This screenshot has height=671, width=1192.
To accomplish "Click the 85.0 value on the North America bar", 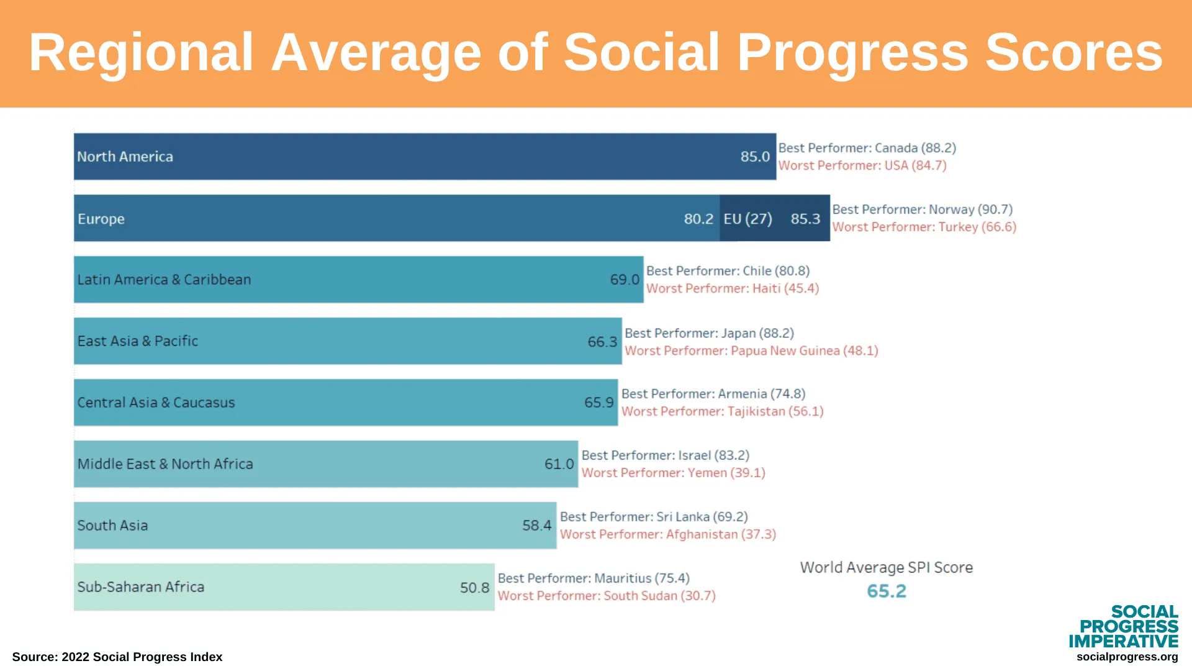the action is pyautogui.click(x=755, y=157).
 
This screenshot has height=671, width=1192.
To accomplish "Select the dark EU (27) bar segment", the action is pyautogui.click(x=775, y=218).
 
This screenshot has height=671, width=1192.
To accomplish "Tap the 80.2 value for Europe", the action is pyautogui.click(x=698, y=219).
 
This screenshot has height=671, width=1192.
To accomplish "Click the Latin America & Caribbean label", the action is pyautogui.click(x=164, y=280).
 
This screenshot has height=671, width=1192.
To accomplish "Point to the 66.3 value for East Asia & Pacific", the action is pyautogui.click(x=602, y=342).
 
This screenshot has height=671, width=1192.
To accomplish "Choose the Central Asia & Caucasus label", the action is pyautogui.click(x=156, y=403).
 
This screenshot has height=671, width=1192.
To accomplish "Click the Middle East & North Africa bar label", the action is pyautogui.click(x=165, y=464).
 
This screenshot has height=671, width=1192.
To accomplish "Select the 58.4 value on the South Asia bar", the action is pyautogui.click(x=536, y=526).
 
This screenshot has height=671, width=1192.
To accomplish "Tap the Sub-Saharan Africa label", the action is pyautogui.click(x=140, y=587).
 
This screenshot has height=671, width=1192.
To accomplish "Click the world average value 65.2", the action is pyautogui.click(x=887, y=591).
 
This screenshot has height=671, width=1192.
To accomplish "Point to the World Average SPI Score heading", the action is pyautogui.click(x=886, y=567).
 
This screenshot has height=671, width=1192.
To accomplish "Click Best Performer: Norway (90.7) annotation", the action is pyautogui.click(x=923, y=209).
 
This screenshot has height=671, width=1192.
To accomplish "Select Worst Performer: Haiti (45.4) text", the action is pyautogui.click(x=733, y=288).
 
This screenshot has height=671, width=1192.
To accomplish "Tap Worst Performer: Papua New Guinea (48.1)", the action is pyautogui.click(x=751, y=350).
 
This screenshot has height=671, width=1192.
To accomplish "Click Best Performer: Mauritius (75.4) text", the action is pyautogui.click(x=594, y=578).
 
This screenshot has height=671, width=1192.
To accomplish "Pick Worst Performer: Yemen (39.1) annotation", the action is pyautogui.click(x=674, y=473).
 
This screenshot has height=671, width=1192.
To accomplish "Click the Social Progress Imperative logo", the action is pyautogui.click(x=1123, y=626).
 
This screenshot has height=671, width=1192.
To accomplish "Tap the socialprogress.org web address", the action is pyautogui.click(x=1127, y=657).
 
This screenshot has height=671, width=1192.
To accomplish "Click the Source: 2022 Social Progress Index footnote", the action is pyautogui.click(x=117, y=657).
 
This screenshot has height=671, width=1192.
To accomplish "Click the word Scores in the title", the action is pyautogui.click(x=1074, y=52).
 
